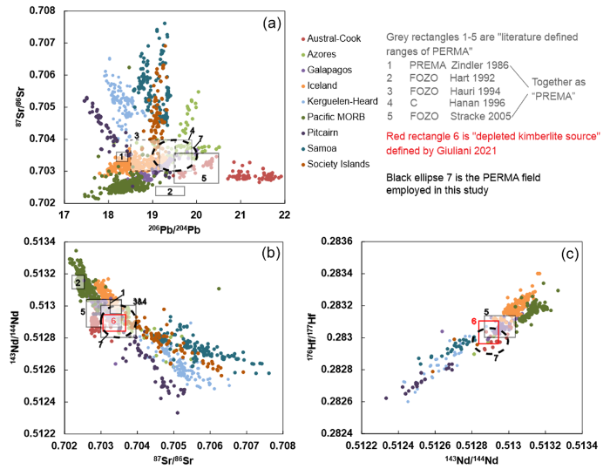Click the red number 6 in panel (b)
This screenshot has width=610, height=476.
(x=112, y=321)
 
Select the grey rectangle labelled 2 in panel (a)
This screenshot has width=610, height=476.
(x=170, y=190)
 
